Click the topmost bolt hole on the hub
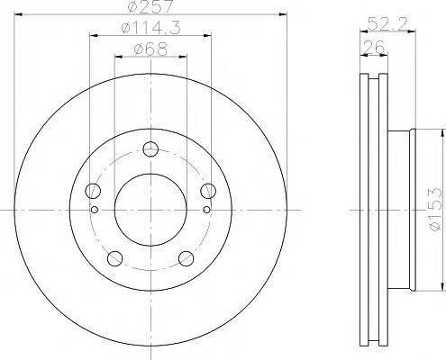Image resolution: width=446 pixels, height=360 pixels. (x=150, y=149)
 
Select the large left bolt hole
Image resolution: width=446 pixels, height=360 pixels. (x=93, y=191)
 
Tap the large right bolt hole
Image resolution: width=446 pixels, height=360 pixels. (x=208, y=190)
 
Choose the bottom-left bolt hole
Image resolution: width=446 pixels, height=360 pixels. (x=114, y=258)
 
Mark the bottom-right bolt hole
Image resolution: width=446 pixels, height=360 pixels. (x=187, y=258)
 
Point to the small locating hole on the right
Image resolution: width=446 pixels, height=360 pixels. (x=208, y=210)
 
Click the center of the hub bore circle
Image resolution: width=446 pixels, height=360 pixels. (x=150, y=210)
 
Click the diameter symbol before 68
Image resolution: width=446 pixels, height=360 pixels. (x=135, y=50)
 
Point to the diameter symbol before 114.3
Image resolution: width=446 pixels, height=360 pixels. (x=123, y=30)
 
